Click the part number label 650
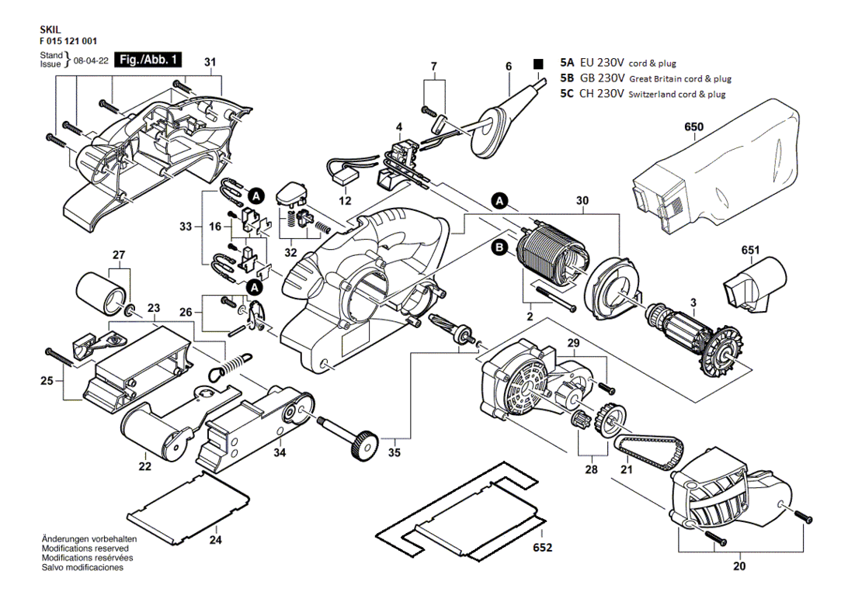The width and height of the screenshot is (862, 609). [x=693, y=127]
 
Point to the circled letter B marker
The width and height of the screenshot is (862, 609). [x=499, y=248]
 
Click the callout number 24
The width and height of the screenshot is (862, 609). [x=216, y=540]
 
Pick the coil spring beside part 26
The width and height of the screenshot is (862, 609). [x=231, y=365]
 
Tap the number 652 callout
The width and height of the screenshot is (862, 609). [x=542, y=548]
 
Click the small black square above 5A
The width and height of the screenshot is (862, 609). [x=538, y=64]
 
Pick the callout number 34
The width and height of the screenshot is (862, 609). [x=280, y=452]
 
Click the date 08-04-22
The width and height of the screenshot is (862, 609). [x=91, y=60]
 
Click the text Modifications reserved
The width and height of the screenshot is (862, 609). [x=85, y=548]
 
